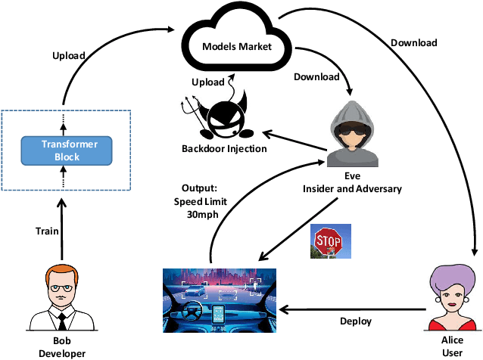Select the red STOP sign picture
[329, 244]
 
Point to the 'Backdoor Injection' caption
[225, 148]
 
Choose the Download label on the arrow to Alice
[415, 43]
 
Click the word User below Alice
[452, 352]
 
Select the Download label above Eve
[316, 76]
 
